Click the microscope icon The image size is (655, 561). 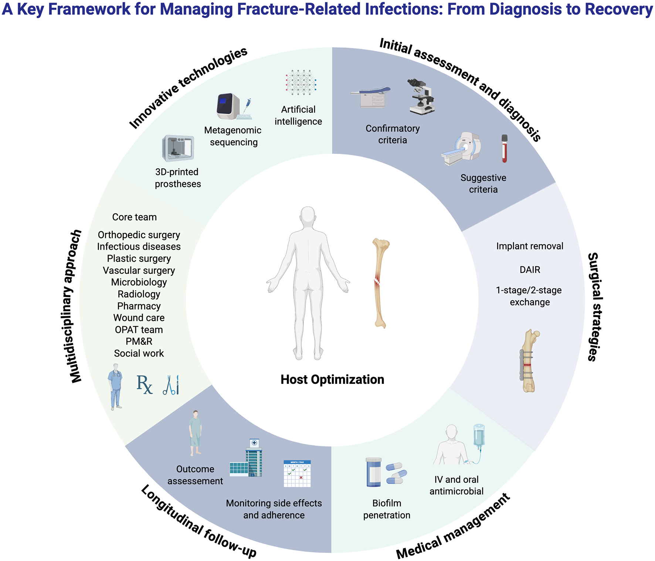(421, 97)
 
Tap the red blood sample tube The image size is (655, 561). (504, 149)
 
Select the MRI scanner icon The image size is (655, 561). (462, 148)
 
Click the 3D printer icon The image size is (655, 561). (178, 148)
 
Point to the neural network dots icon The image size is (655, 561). (301, 82)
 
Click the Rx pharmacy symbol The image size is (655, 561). (145, 385)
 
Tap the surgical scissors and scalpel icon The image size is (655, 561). (171, 385)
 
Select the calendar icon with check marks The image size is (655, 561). (297, 474)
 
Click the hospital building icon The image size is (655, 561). (247, 459)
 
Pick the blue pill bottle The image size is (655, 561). (373, 472)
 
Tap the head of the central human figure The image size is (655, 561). (308, 216)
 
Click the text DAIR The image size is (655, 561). (530, 270)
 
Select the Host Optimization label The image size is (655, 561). (332, 379)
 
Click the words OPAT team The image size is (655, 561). (139, 329)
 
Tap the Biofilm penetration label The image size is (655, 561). (387, 509)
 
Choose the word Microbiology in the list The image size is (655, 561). (139, 282)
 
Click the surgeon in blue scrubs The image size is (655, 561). (116, 386)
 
